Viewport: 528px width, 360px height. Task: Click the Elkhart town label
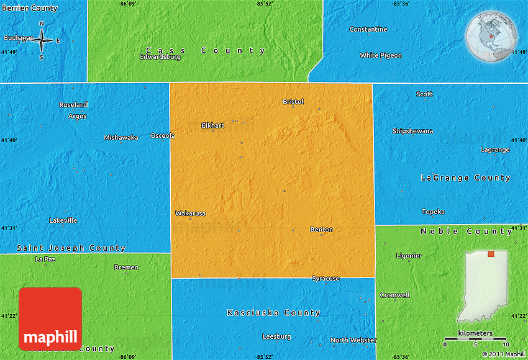tap(212, 125)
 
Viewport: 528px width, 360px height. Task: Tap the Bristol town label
tap(293, 101)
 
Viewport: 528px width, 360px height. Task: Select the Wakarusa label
tap(190, 214)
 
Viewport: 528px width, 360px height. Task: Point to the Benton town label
tap(321, 230)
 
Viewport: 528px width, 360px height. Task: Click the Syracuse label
tap(325, 279)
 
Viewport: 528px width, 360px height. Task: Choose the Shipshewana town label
tap(412, 131)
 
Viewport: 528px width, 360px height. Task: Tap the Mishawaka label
tap(121, 137)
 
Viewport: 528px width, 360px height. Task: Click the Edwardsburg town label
tap(160, 56)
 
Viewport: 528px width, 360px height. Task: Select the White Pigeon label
tap(381, 55)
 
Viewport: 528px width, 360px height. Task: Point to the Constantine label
tap(368, 29)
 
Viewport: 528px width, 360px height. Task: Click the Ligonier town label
tap(409, 255)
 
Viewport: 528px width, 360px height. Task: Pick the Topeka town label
tap(433, 212)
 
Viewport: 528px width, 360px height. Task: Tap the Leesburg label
tap(276, 336)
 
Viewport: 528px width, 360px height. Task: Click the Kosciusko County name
tap(273, 313)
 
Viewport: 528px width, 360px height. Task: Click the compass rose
tap(42, 40)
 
